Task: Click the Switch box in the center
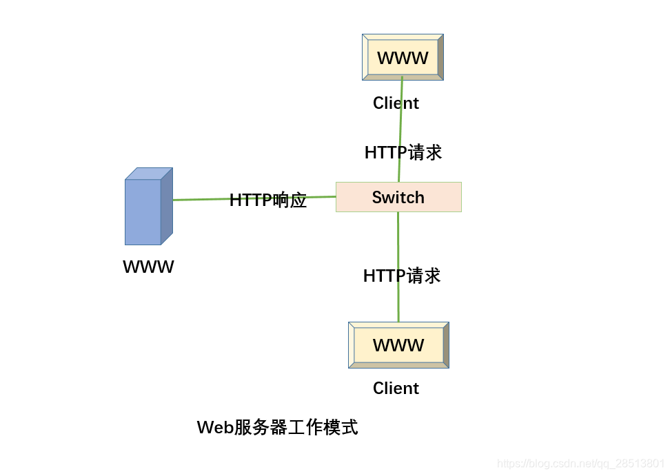pos(398,197)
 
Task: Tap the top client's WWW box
pos(403,58)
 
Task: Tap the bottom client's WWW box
pos(398,345)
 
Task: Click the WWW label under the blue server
pos(148,267)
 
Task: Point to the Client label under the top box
pos(396,103)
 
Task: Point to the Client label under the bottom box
pos(396,389)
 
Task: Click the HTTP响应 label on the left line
pos(267,200)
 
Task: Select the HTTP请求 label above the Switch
pos(403,152)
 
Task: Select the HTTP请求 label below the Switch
pos(401,276)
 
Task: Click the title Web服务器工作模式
pos(277,427)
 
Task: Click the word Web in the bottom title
pos(214,428)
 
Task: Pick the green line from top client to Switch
pos(400,124)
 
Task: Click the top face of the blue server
pos(149,174)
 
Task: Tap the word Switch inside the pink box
pos(398,198)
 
